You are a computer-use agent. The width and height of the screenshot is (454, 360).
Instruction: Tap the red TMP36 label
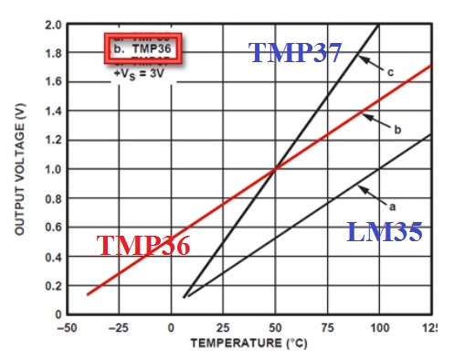pos(143,247)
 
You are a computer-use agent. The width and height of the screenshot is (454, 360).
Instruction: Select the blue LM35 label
pos(385,232)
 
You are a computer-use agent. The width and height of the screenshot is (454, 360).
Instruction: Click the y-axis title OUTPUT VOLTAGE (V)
pos(18,168)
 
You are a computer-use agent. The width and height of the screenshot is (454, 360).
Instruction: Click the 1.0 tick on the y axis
pos(48,169)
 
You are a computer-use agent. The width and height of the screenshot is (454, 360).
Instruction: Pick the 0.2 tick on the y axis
pos(48,285)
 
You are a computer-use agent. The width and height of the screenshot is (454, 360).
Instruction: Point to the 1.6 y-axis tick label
pos(48,81)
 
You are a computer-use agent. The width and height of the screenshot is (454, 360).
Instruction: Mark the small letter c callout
pos(390,73)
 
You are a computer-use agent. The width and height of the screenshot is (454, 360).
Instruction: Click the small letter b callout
pos(397,131)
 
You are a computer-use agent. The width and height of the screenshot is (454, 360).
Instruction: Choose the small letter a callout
pos(394,206)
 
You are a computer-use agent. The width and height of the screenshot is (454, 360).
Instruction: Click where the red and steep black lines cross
pos(275,168)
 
